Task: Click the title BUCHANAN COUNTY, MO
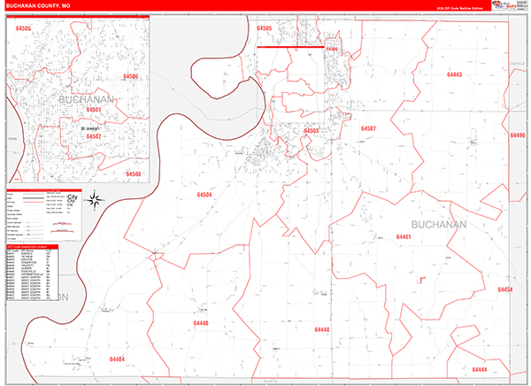click(x=43, y=5)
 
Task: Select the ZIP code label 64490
click(x=518, y=135)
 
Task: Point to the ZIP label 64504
click(x=205, y=194)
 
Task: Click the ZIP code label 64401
click(x=404, y=237)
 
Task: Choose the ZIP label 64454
click(x=505, y=289)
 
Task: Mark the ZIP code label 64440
click(x=203, y=323)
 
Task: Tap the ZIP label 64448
click(x=321, y=329)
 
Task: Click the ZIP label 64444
click(x=480, y=368)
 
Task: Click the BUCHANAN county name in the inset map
click(x=86, y=100)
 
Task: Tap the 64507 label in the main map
click(x=368, y=128)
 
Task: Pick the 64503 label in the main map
click(x=311, y=130)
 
